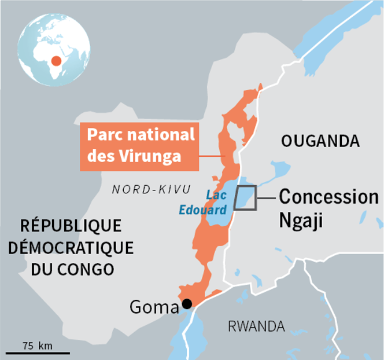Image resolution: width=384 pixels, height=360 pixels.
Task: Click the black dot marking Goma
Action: [x=187, y=303]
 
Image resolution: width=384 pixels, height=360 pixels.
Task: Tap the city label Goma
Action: [x=154, y=307]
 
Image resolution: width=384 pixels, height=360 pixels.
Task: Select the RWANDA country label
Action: [x=256, y=326]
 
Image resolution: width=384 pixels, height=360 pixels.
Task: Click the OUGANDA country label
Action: [x=320, y=141]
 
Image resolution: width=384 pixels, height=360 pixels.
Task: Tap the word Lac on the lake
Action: [x=216, y=196]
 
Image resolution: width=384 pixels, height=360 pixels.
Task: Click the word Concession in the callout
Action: [x=328, y=197]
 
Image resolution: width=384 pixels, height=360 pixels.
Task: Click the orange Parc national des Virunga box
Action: [x=139, y=146]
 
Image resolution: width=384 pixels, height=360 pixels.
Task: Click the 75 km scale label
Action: [x=37, y=346]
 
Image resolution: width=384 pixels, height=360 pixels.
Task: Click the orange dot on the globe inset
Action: [x=56, y=60]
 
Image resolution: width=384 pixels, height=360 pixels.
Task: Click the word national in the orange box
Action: [x=165, y=135]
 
